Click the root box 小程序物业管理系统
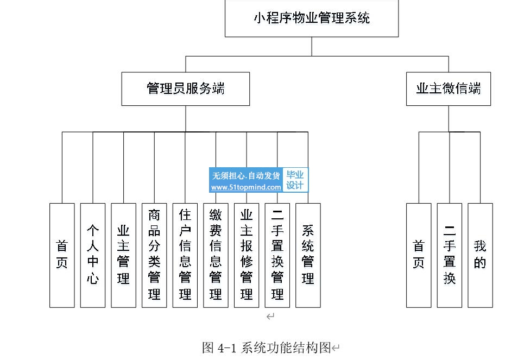click(x=312, y=18)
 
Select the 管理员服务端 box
click(x=186, y=89)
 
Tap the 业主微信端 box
click(x=448, y=89)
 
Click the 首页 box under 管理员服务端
click(x=62, y=255)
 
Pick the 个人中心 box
click(x=93, y=255)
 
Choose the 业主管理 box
click(x=124, y=255)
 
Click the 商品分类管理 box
click(x=154, y=255)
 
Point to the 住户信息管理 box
click(x=185, y=255)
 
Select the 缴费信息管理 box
click(x=216, y=255)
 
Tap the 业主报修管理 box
click(x=247, y=255)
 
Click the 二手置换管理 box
click(x=277, y=255)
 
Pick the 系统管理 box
click(x=308, y=255)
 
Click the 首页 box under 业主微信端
click(x=419, y=255)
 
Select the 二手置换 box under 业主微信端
click(x=449, y=255)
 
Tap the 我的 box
click(x=481, y=255)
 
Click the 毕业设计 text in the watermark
click(x=295, y=180)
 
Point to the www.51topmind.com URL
click(x=246, y=187)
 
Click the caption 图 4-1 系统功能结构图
click(x=267, y=348)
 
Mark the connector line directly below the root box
click(x=312, y=47)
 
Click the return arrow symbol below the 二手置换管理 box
click(x=270, y=317)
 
